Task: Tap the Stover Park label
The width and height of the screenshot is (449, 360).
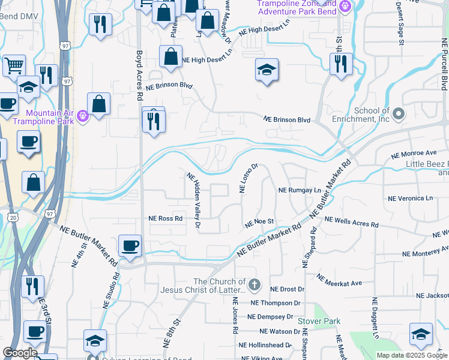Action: pyautogui.click(x=319, y=322)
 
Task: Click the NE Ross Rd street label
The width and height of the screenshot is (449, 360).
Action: pyautogui.click(x=165, y=218)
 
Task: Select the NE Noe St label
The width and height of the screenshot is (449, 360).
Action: pyautogui.click(x=259, y=223)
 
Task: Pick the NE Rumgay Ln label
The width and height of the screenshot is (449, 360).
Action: pyautogui.click(x=300, y=191)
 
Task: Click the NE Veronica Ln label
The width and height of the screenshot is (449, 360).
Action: pyautogui.click(x=411, y=198)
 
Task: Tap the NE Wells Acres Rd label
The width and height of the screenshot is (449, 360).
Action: pyautogui.click(x=351, y=222)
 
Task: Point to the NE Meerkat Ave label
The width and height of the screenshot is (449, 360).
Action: pyautogui.click(x=340, y=281)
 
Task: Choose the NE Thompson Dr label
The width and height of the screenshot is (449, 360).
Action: pyautogui.click(x=276, y=304)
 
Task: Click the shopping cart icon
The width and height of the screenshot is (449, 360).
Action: pyautogui.click(x=14, y=66)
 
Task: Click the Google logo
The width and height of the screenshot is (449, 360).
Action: pyautogui.click(x=20, y=353)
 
